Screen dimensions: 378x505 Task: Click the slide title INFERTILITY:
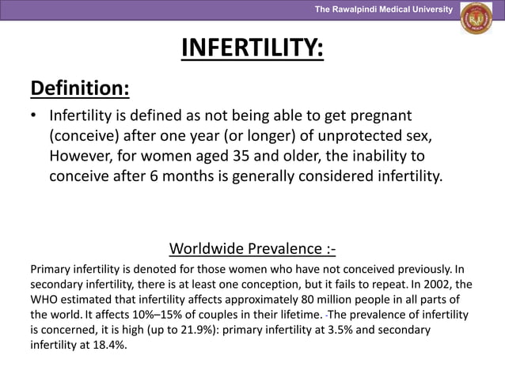[252, 48]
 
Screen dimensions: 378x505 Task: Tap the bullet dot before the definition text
[35, 116]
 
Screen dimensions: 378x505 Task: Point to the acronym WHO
[46, 300]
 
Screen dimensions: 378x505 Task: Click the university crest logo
[476, 20]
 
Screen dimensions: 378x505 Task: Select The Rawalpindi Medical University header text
[383, 9]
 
